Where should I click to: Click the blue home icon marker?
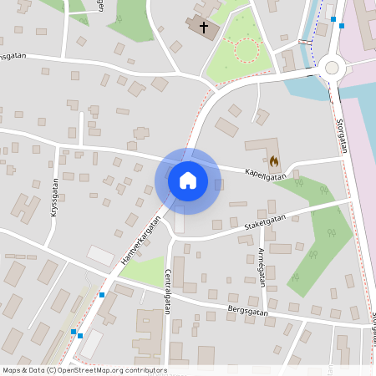click(x=187, y=180)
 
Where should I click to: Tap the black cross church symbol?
click(x=202, y=26)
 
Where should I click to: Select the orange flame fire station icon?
click(x=274, y=160)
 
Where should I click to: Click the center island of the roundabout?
click(x=332, y=68)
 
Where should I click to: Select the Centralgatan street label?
click(x=167, y=291)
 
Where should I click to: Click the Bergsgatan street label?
click(x=247, y=310)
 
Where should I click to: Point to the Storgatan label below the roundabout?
click(x=341, y=135)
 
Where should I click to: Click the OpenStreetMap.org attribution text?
click(x=111, y=370)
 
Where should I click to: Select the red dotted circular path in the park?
click(x=247, y=51)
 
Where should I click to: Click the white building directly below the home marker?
click(x=179, y=224)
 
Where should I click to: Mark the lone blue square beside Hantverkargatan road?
click(x=102, y=294)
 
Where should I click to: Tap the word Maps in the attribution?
click(x=13, y=370)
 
